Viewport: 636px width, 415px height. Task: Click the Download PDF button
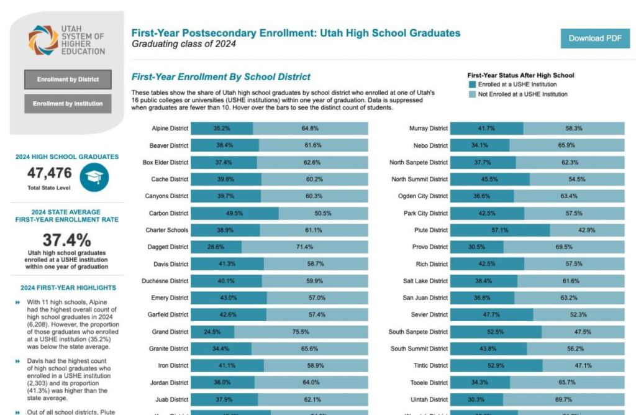click(x=594, y=38)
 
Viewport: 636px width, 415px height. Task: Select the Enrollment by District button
click(x=68, y=80)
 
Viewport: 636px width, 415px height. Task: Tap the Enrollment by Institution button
click(x=68, y=104)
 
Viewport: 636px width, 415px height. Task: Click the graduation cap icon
click(x=94, y=176)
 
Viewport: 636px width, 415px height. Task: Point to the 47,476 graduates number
click(x=49, y=173)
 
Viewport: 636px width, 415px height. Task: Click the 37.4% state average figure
click(x=66, y=240)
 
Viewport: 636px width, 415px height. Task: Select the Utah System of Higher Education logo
click(x=66, y=40)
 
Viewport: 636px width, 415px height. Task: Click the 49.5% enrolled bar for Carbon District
click(x=234, y=213)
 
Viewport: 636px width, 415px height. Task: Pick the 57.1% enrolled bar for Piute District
click(x=499, y=230)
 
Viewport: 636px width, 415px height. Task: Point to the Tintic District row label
click(x=430, y=365)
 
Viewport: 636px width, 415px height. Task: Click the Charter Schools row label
click(x=166, y=230)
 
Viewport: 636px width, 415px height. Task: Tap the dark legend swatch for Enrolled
click(x=472, y=84)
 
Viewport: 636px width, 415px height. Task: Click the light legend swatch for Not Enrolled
click(x=472, y=94)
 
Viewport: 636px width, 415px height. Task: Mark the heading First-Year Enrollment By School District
click(x=221, y=77)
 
